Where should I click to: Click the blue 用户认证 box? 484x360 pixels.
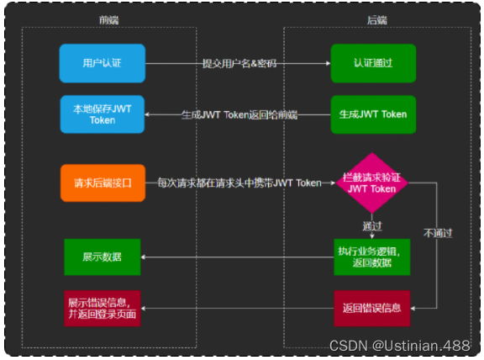point(103,63)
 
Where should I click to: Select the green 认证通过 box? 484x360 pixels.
point(372,63)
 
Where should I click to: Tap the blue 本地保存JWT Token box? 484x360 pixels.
point(103,114)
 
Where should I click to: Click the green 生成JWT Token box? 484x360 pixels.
point(372,114)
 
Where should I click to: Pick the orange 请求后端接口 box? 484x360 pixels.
point(103,183)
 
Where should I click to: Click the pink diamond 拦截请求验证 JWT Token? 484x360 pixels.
point(372,183)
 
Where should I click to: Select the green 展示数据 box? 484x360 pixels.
point(103,257)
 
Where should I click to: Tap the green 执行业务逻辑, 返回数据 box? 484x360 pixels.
point(372,257)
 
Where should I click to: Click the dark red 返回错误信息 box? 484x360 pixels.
point(372,308)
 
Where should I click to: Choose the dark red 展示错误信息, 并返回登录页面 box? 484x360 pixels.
point(103,308)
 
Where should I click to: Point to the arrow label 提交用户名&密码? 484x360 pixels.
point(239,64)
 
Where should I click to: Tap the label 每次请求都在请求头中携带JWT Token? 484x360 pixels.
point(239,183)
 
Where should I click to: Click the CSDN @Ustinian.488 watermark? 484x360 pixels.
point(399,346)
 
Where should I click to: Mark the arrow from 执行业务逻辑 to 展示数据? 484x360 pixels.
point(239,257)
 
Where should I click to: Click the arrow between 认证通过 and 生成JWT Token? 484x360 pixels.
point(372,89)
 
